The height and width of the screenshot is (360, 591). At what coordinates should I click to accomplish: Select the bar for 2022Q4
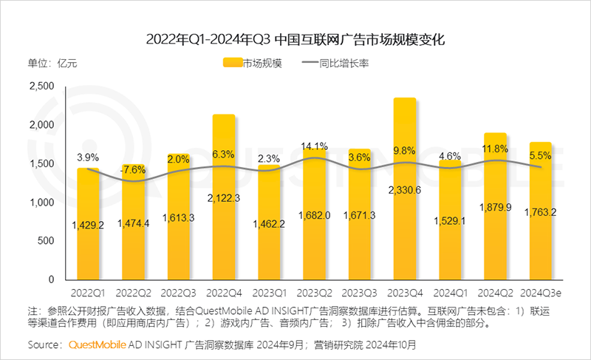(x=224, y=200)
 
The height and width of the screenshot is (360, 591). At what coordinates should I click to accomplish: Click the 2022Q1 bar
(x=88, y=229)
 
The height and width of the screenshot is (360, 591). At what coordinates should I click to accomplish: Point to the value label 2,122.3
(x=224, y=197)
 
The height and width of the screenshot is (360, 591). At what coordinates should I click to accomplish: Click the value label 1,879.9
(x=495, y=207)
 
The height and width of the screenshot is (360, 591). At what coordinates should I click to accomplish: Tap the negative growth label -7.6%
(x=133, y=169)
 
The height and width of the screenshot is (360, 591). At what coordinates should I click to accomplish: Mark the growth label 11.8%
(x=495, y=149)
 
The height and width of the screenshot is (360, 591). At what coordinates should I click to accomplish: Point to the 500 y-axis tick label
(x=46, y=241)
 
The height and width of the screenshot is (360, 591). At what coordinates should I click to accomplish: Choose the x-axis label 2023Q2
(x=314, y=293)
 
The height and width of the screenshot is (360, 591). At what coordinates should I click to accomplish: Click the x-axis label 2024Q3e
(x=542, y=293)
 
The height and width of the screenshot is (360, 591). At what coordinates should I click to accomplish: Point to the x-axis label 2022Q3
(x=179, y=293)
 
